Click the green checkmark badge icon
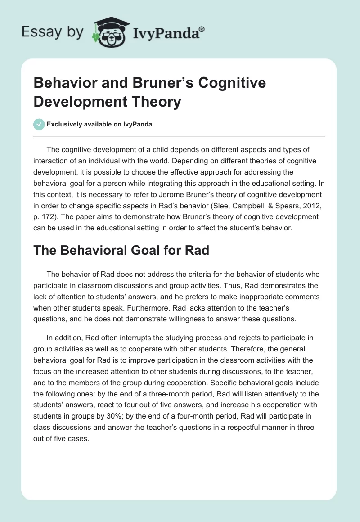tap(39, 124)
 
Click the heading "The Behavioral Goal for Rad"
tap(121, 250)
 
